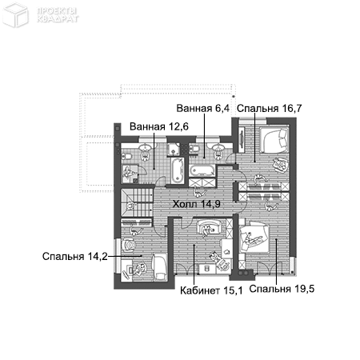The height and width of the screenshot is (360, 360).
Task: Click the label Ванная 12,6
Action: pos(159,126)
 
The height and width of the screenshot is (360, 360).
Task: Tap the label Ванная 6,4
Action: pos(202,108)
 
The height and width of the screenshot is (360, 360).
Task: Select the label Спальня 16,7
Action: pos(270,109)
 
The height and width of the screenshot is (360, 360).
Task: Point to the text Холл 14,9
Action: pos(197,204)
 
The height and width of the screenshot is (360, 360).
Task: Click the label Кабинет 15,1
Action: pos(211,290)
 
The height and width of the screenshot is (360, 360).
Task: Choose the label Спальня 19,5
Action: pos(282,289)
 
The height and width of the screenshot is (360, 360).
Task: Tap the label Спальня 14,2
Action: pos(75,256)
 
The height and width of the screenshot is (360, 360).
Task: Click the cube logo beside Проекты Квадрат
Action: pos(15,14)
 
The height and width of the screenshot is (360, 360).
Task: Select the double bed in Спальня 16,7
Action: pos(274,140)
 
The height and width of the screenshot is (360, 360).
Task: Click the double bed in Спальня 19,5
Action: pos(254,238)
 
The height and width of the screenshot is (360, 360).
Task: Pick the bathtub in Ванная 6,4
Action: pos(202,170)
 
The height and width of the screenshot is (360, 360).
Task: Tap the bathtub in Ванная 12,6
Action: pos(177,170)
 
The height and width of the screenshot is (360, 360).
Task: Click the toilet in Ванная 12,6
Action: pos(126,156)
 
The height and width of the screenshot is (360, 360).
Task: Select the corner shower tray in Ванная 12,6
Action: pos(174,149)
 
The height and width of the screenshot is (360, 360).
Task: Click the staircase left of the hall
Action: pos(137,202)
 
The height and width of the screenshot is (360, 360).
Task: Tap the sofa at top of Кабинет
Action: pos(210,226)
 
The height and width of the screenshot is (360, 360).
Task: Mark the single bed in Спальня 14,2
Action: pos(160,266)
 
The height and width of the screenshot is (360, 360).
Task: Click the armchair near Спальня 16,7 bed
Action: pos(281,165)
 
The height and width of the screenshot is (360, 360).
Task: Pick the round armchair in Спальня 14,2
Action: pos(129,245)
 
